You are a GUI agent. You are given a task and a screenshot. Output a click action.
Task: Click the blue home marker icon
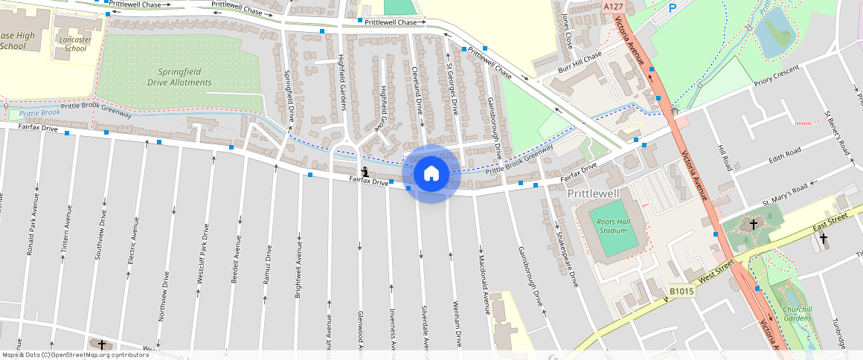click(431, 174)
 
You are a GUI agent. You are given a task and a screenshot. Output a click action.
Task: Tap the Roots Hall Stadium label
click(614, 225)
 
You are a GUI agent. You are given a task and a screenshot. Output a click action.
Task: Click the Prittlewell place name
click(593, 193)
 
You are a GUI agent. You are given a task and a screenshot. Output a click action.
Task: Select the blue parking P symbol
click(673, 8)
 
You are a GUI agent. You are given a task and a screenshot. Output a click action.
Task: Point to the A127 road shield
click(613, 7)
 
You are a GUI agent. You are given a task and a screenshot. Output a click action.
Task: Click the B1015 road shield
click(681, 292)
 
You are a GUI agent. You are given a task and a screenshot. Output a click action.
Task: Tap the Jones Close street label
click(568, 30)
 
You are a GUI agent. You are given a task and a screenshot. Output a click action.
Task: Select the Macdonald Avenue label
click(482, 276)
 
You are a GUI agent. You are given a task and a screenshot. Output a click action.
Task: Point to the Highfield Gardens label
click(343, 81)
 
